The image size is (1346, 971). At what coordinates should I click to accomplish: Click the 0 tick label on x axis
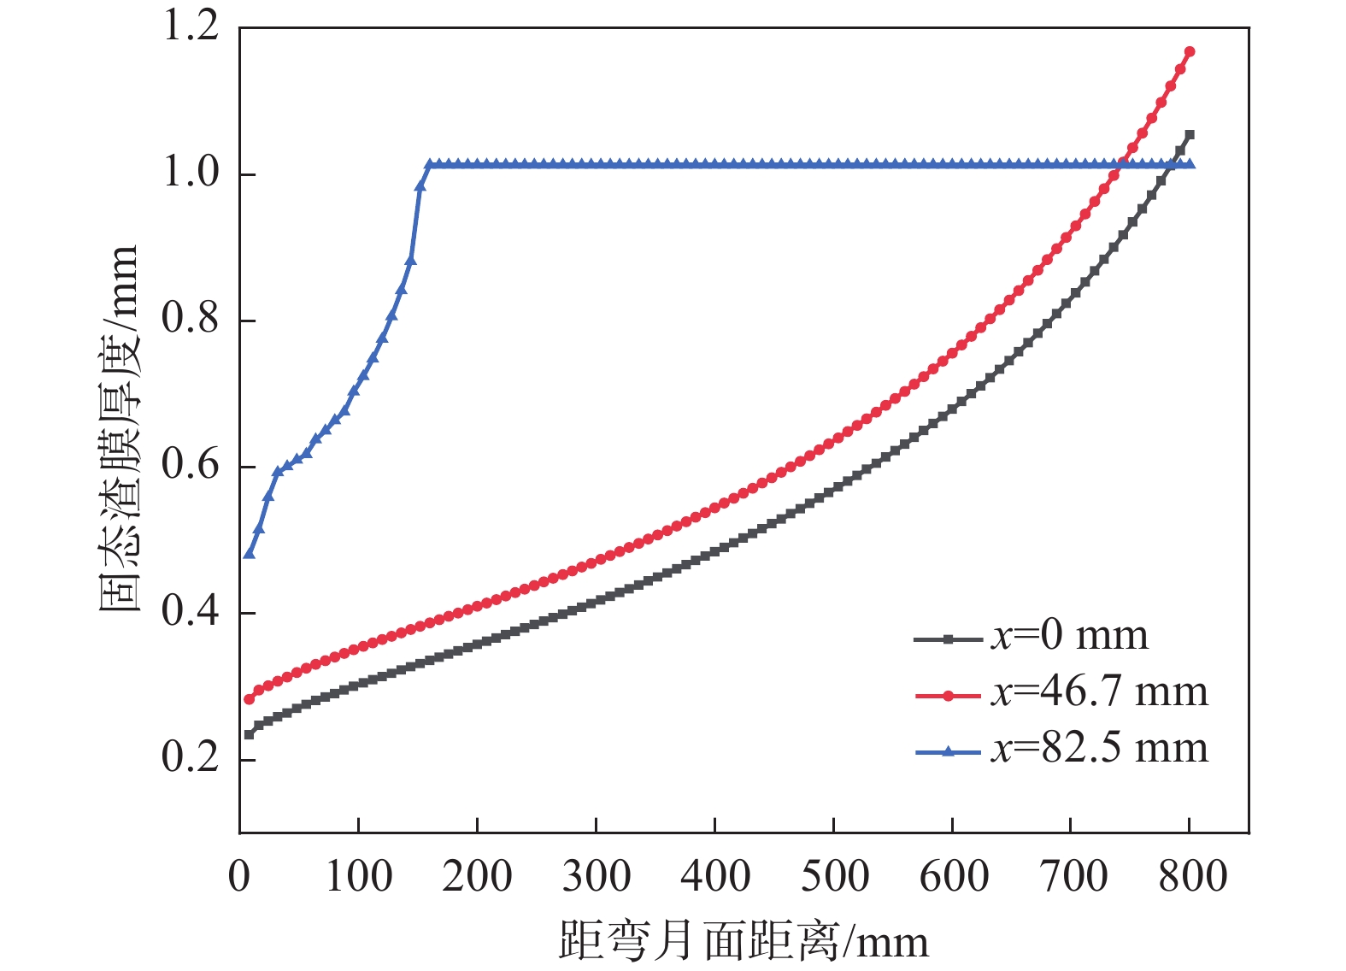pos(239,877)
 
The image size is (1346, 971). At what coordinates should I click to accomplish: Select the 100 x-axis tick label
pos(358,877)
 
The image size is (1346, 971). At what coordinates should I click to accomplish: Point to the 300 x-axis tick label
pos(596,877)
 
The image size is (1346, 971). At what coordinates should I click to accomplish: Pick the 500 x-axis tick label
pos(833,877)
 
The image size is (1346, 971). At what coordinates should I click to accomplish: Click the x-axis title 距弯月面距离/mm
pos(743,941)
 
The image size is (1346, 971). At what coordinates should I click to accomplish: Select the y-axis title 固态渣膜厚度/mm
pos(117,428)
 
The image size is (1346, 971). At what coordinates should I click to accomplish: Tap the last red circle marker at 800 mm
pos(1190,52)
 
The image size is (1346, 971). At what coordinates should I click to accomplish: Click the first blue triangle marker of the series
pos(249,554)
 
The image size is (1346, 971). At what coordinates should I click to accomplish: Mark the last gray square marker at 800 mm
pos(1190,135)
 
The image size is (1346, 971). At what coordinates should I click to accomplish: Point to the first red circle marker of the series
pos(249,699)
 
